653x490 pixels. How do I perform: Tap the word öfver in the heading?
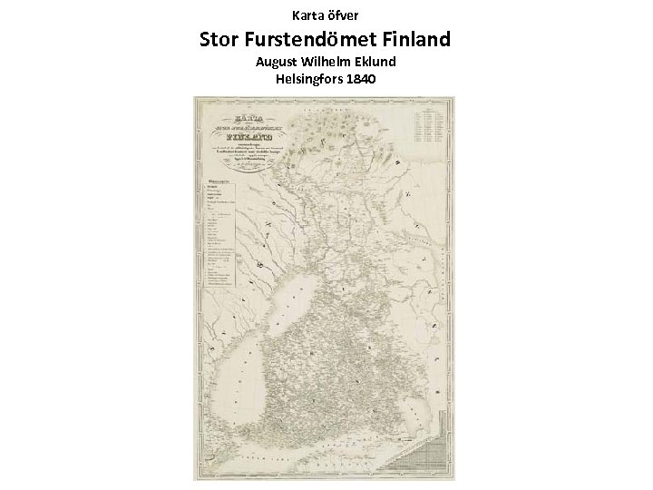pos(346,15)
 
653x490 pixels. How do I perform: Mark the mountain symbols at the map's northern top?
pos(317,136)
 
